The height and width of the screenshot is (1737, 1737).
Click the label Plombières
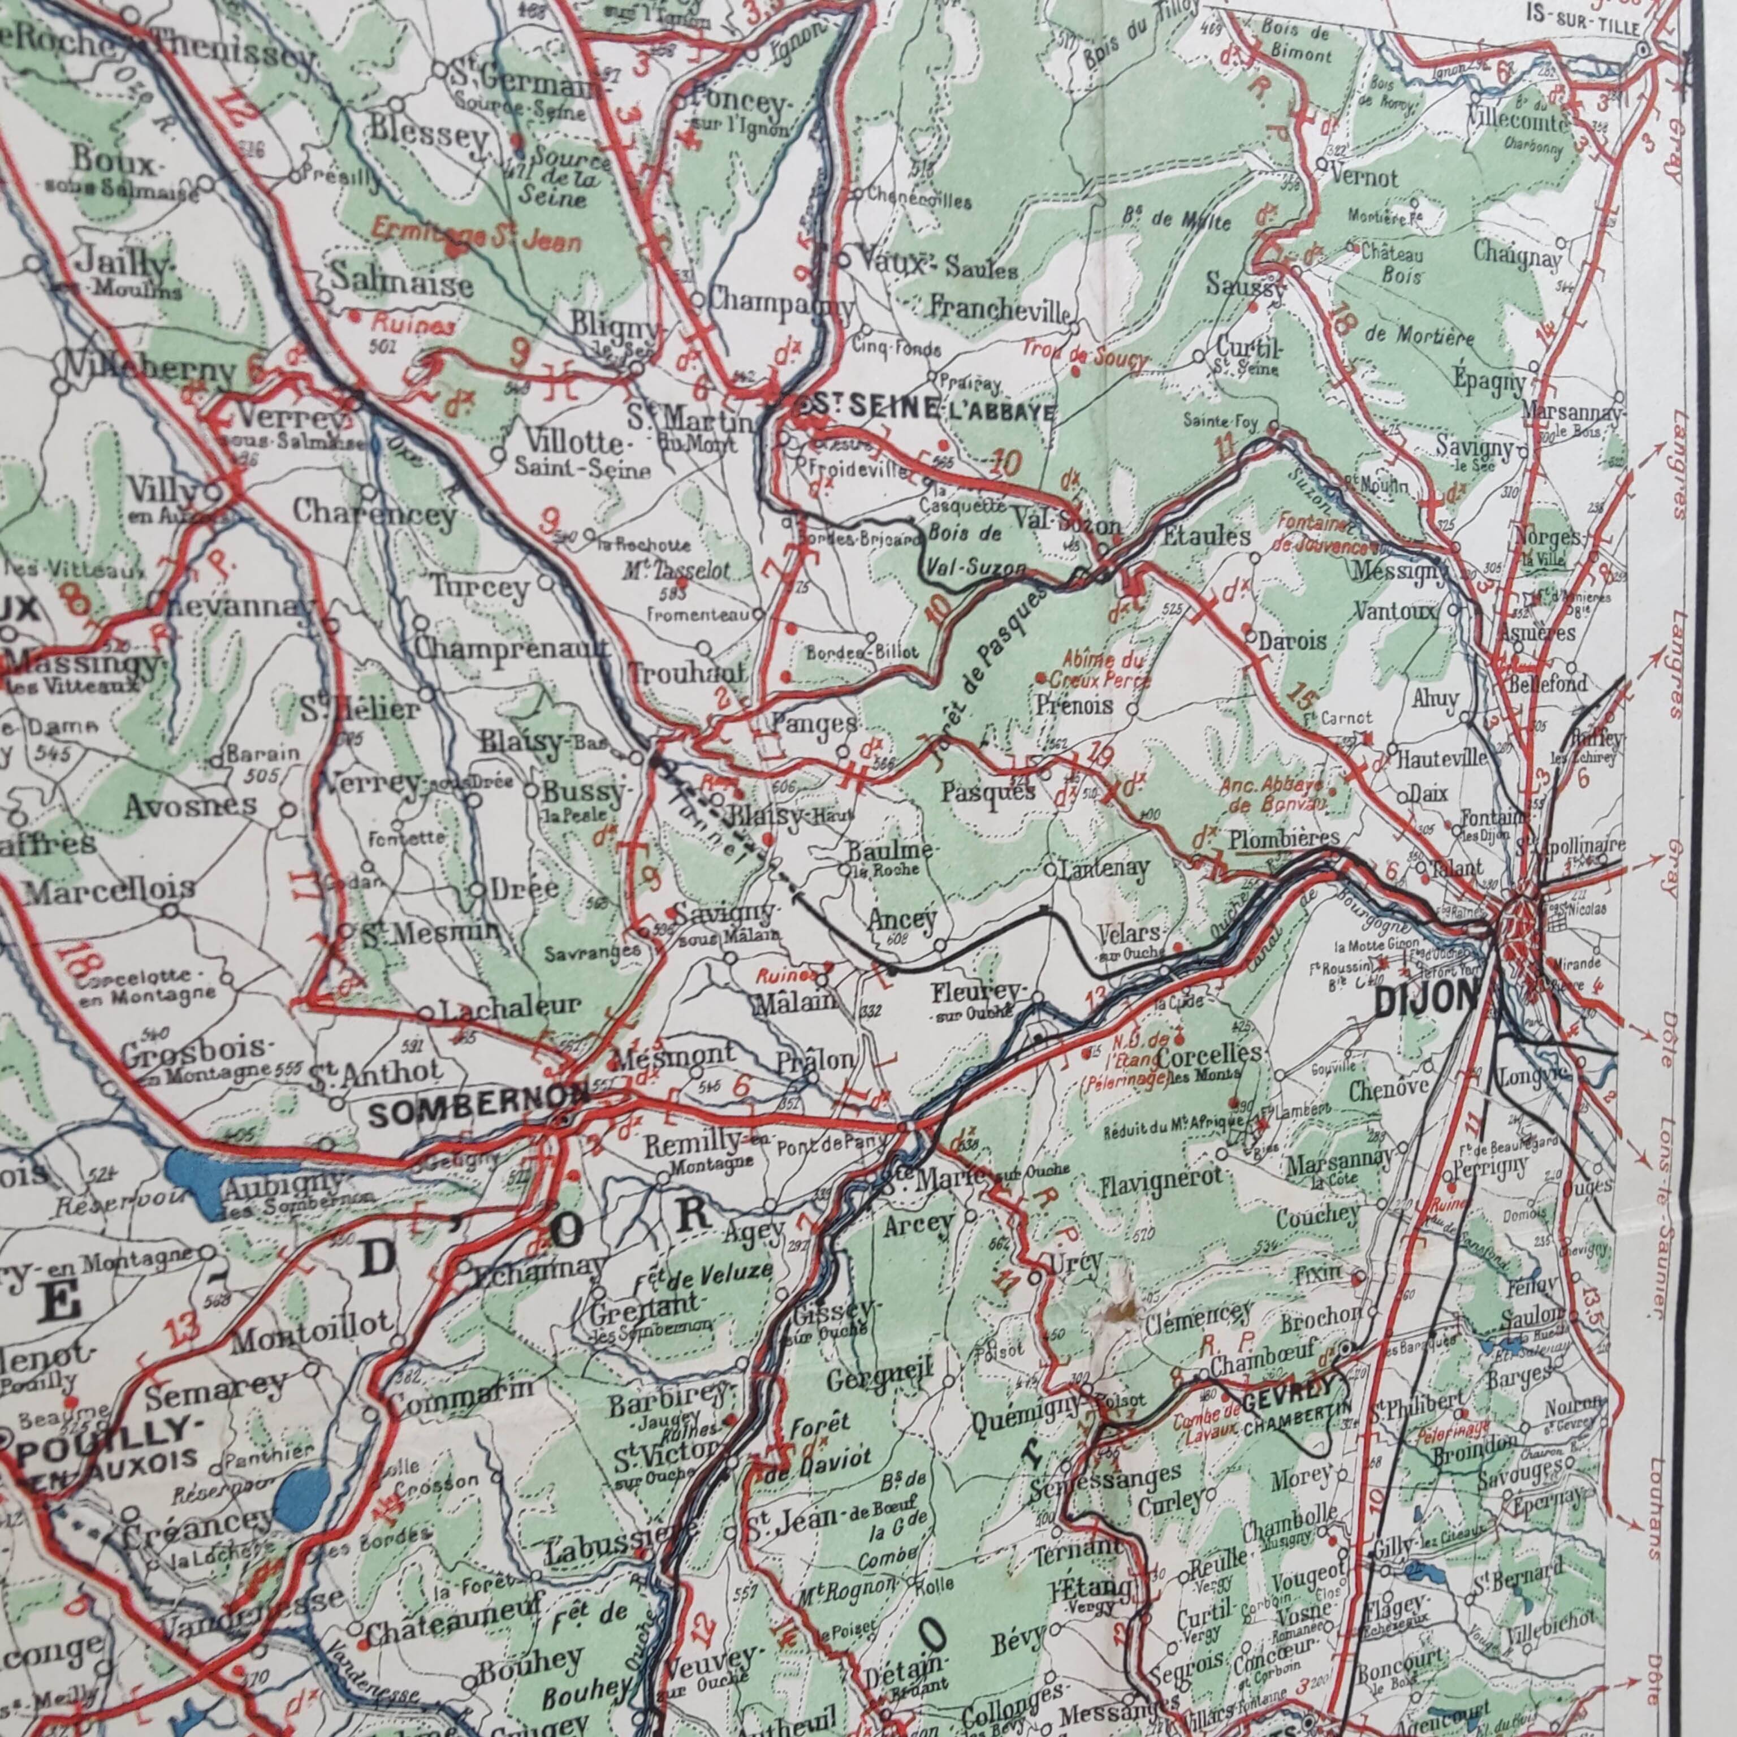click(x=1284, y=838)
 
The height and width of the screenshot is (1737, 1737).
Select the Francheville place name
click(x=1000, y=308)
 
